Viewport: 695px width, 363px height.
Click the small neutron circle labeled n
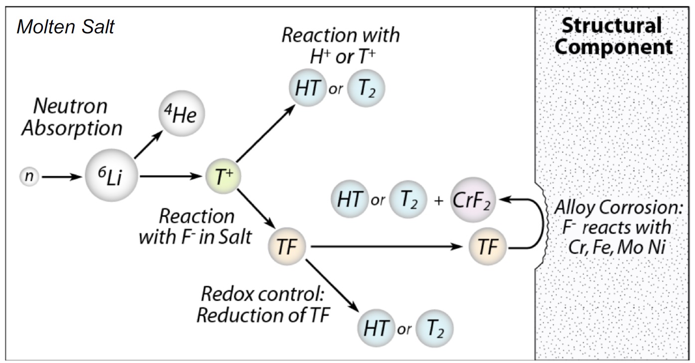coord(29,176)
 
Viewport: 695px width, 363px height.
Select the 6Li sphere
coord(111,176)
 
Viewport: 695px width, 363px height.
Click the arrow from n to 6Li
coord(61,176)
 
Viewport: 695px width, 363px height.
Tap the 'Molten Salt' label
coord(65,26)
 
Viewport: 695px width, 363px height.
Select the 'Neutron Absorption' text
coord(71,118)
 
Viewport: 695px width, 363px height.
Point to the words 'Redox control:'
coord(263,294)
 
